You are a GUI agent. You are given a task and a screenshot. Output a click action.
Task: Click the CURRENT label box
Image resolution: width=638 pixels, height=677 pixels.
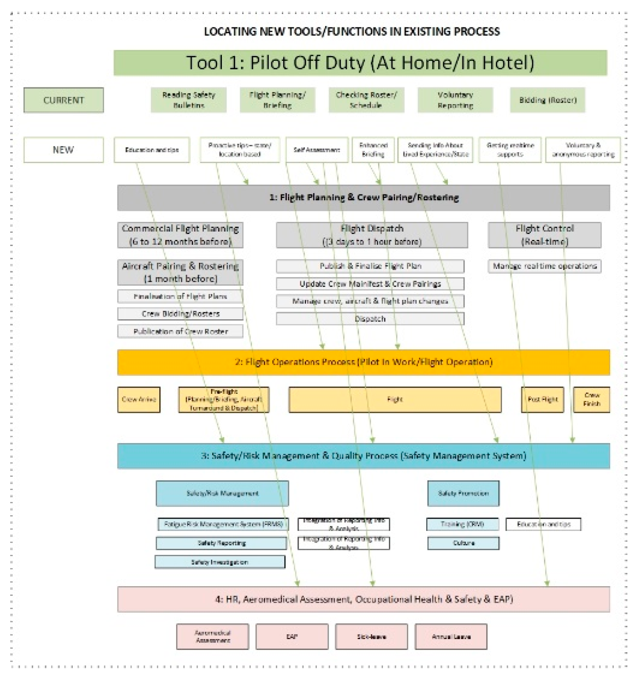click(x=64, y=100)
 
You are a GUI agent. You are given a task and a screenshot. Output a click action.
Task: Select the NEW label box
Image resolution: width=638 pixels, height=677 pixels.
click(x=64, y=150)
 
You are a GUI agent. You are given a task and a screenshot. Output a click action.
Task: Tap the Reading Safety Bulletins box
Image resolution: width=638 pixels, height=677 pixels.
click(x=188, y=100)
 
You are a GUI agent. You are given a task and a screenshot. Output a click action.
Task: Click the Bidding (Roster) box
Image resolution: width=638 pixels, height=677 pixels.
click(x=548, y=100)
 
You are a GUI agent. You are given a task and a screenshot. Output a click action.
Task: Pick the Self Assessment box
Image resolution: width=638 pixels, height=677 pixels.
click(x=317, y=150)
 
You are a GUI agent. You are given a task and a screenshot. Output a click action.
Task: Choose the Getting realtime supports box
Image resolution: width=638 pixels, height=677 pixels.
click(x=510, y=150)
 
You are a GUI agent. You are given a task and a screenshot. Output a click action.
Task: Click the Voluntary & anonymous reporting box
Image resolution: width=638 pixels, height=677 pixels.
click(x=583, y=150)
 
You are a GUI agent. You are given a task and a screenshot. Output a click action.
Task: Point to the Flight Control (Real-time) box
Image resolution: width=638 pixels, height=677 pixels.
click(x=544, y=235)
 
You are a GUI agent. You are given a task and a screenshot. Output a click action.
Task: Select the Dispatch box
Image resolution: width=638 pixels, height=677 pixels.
click(x=370, y=319)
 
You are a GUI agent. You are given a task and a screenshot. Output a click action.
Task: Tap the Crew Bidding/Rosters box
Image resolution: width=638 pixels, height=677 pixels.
click(x=180, y=314)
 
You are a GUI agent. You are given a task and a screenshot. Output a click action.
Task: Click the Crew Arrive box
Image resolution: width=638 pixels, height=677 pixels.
click(x=139, y=400)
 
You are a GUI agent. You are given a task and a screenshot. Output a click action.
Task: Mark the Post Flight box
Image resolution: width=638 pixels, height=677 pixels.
click(x=542, y=400)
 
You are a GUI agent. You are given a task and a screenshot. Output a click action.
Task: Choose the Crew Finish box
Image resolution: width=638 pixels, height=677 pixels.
click(x=591, y=400)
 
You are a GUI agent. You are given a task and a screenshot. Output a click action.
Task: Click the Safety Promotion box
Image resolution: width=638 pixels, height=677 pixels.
click(x=463, y=494)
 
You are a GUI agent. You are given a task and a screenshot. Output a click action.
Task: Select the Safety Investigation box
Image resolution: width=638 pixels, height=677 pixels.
click(x=220, y=562)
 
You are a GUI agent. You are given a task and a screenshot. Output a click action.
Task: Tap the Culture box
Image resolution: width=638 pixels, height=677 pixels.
click(x=463, y=543)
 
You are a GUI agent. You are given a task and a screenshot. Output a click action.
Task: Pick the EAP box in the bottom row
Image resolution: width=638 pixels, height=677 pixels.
click(x=292, y=637)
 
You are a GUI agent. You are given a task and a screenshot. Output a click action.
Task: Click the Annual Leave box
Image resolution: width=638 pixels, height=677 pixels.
click(x=451, y=637)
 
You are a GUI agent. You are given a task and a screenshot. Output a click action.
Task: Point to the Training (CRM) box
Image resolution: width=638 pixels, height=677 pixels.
click(x=462, y=524)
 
